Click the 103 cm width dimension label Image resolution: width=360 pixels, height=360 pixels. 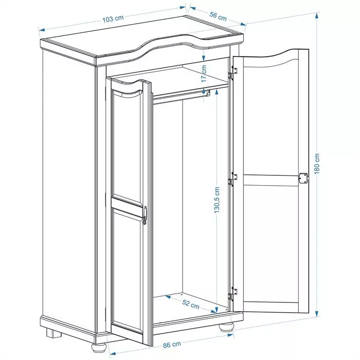tap(113, 19)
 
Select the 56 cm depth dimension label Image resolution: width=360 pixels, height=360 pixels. tap(218, 16)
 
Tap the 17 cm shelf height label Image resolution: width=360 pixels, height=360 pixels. tap(204, 74)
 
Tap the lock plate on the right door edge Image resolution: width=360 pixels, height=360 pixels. tap(302, 177)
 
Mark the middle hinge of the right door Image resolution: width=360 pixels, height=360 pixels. tap(234, 178)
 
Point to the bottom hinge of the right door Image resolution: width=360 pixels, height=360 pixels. tap(234, 291)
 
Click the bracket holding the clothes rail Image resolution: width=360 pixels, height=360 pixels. tap(207, 93)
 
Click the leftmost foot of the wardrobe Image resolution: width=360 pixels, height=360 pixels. tap(52, 332)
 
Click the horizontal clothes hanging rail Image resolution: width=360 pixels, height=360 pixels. tap(180, 96)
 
